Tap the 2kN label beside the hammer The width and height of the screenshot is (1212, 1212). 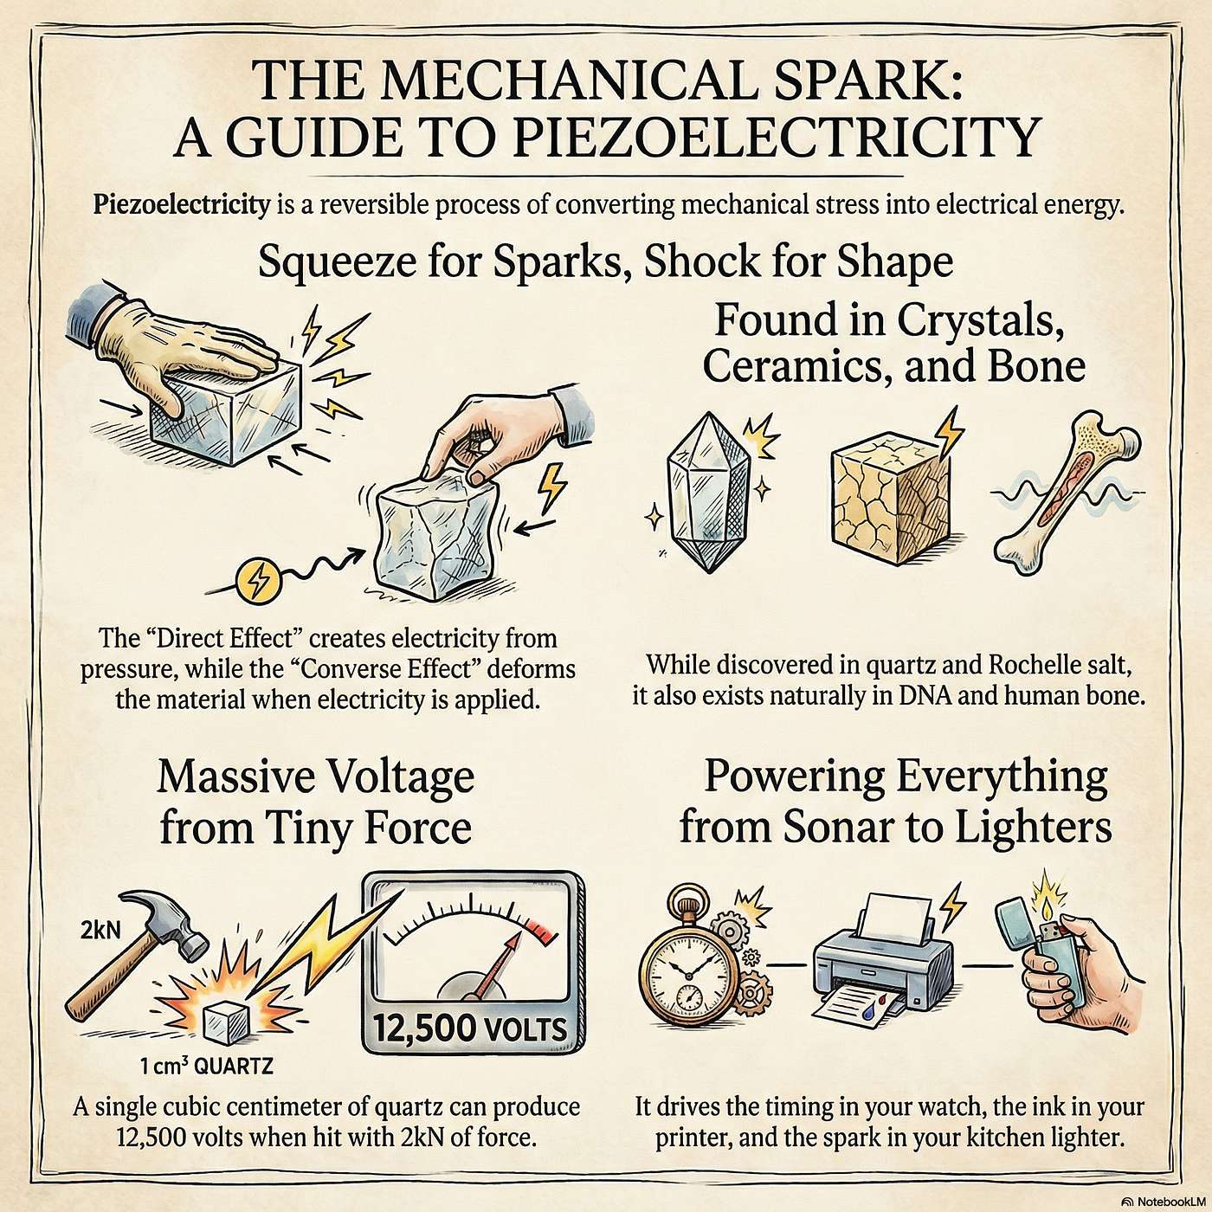(x=100, y=930)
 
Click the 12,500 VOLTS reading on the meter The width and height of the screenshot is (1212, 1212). (x=470, y=1029)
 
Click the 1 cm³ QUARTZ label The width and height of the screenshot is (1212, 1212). (x=207, y=1065)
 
